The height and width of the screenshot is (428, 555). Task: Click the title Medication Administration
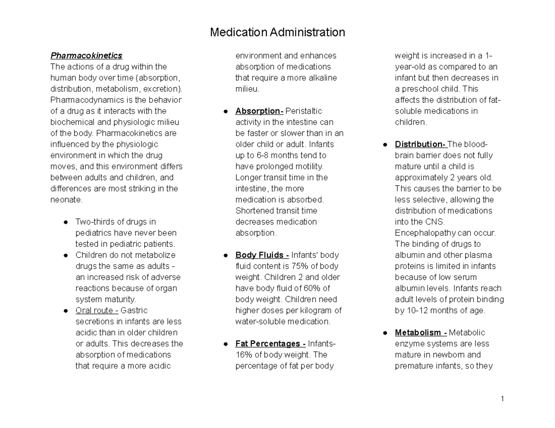coord(277,33)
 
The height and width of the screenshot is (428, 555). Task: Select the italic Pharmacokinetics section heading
coord(86,55)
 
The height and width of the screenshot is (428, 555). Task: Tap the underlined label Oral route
coord(95,310)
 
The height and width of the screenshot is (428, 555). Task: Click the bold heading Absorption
coord(259,111)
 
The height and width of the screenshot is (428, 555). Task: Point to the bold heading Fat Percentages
coord(270,344)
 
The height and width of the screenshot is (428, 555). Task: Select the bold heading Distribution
coord(420,144)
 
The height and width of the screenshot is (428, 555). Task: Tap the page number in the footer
coord(501,399)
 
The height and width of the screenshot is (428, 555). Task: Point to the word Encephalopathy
coord(423,233)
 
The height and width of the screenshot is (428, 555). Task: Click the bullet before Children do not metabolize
coord(66,255)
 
